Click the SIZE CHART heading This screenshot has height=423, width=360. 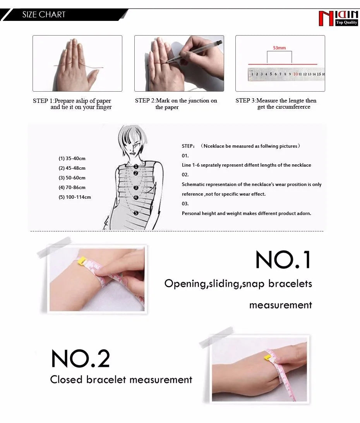click(x=44, y=15)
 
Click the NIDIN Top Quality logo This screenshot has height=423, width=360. click(x=338, y=18)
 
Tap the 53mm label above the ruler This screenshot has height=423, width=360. click(x=279, y=48)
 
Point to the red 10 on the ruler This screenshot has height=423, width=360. click(x=295, y=74)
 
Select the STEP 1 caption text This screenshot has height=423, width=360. click(x=72, y=104)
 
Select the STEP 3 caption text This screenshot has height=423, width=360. click(x=276, y=104)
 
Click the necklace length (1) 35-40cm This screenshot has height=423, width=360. click(x=72, y=159)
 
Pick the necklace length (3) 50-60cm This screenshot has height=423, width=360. click(x=72, y=178)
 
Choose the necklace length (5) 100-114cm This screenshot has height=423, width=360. click(x=75, y=197)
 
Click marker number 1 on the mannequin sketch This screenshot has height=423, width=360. click(x=136, y=166)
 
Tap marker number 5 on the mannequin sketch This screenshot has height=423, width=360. click(x=136, y=213)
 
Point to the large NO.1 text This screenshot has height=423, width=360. click(x=283, y=260)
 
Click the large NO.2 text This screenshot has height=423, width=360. click(x=81, y=359)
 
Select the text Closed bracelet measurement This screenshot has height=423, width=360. click(x=121, y=380)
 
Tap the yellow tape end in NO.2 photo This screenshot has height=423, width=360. click(x=267, y=357)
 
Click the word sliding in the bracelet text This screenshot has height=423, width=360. click(x=224, y=284)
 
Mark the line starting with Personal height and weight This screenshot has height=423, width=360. click(x=246, y=213)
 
